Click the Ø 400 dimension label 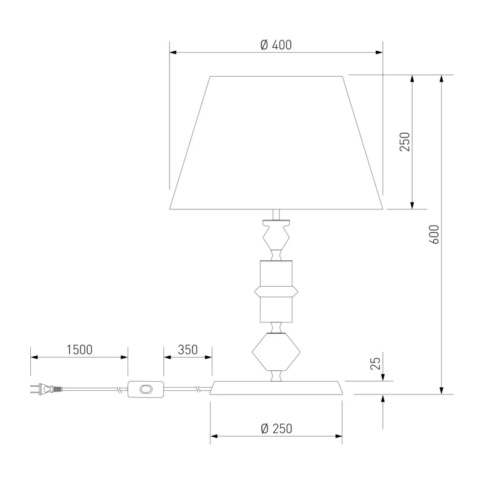click(x=276, y=45)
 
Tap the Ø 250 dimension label click(x=276, y=428)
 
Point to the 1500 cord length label click(x=79, y=350)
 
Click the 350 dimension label click(x=188, y=350)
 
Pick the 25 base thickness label click(x=375, y=364)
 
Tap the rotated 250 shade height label click(x=405, y=142)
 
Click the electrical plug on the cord click(x=47, y=388)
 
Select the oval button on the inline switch click(x=146, y=389)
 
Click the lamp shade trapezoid click(x=276, y=143)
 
